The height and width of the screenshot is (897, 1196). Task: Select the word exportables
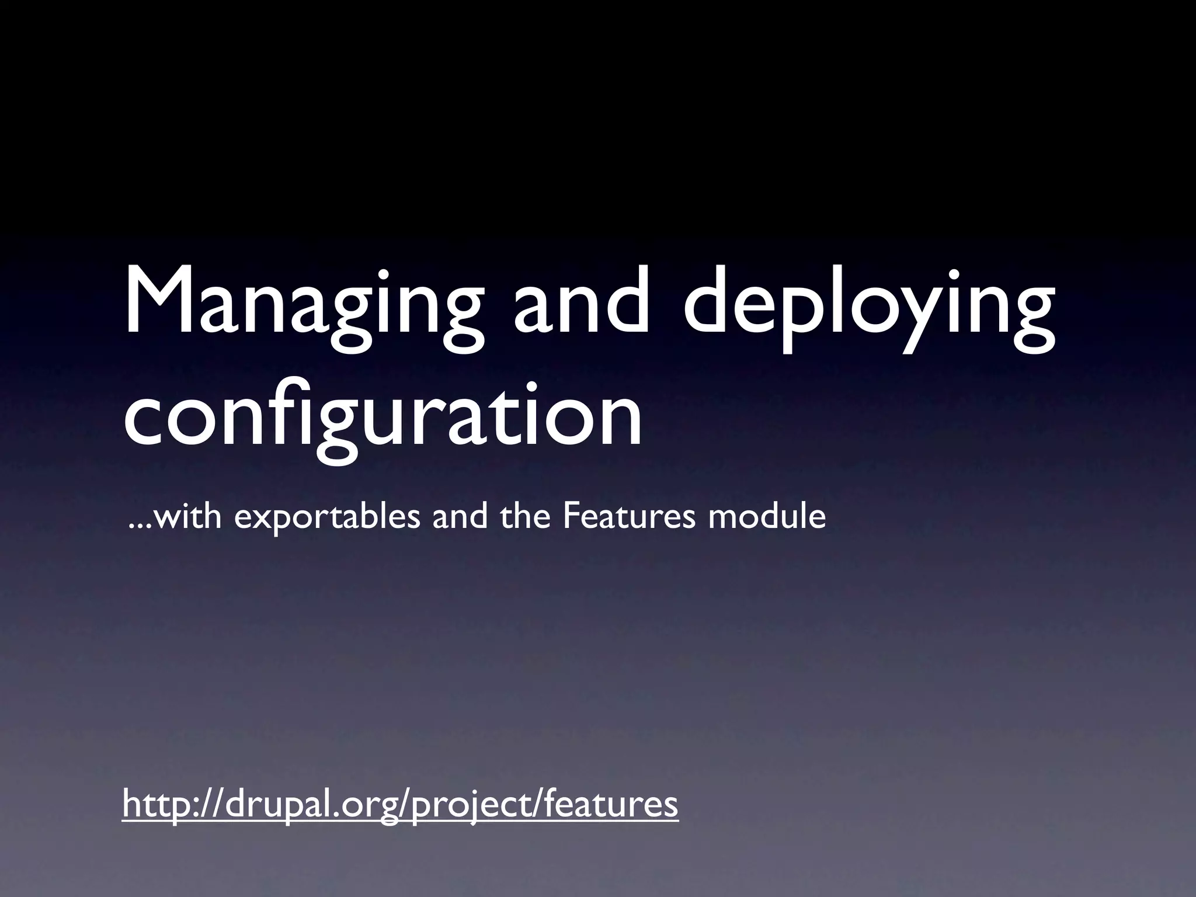[x=327, y=517]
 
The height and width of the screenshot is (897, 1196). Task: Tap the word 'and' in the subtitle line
[x=460, y=517]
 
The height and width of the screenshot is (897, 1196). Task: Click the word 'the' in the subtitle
[x=526, y=517]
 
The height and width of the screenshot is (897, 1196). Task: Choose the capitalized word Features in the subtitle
[x=629, y=517]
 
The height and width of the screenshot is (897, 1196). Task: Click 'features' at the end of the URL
[x=610, y=804]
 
